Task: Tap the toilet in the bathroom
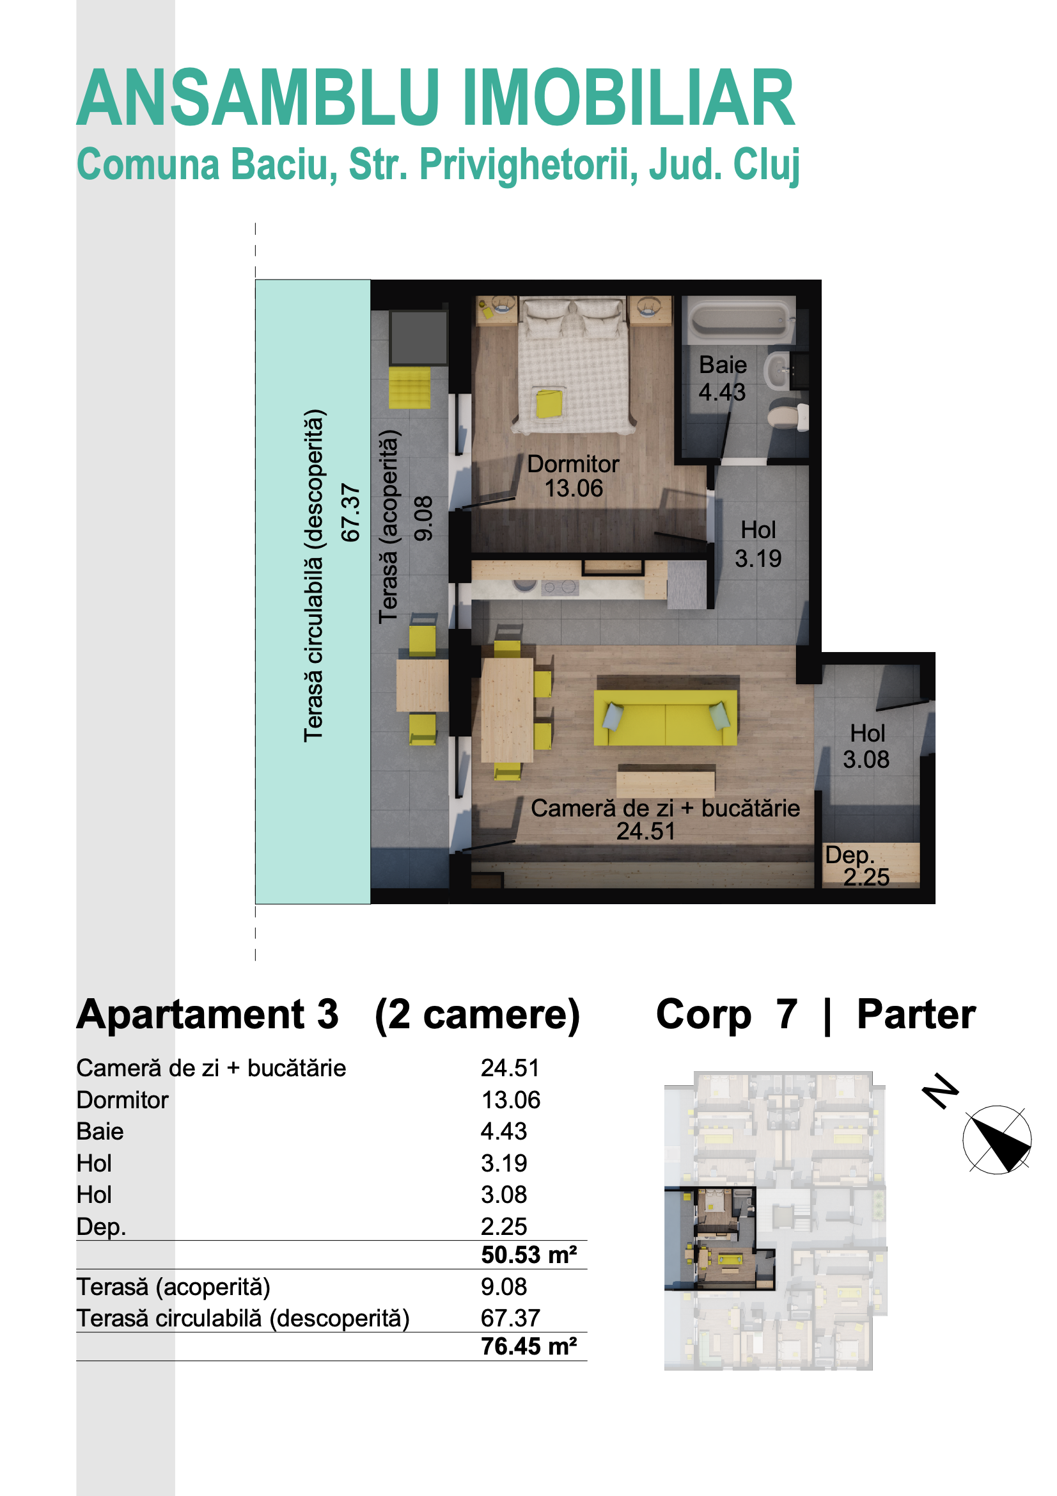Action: click(788, 416)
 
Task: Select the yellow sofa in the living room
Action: click(665, 717)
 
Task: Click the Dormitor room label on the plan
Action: click(573, 464)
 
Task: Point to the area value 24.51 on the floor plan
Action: click(646, 831)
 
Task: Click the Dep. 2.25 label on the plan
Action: click(857, 866)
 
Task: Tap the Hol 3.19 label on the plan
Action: click(758, 544)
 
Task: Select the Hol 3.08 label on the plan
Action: click(867, 746)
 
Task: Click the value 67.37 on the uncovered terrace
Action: click(350, 513)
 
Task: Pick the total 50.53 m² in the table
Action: click(529, 1254)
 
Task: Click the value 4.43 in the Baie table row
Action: click(503, 1131)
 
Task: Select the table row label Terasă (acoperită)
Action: click(173, 1287)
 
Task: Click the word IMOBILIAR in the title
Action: click(629, 98)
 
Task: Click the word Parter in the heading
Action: click(916, 1014)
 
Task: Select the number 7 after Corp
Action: click(786, 1014)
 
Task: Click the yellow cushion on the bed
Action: click(549, 403)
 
